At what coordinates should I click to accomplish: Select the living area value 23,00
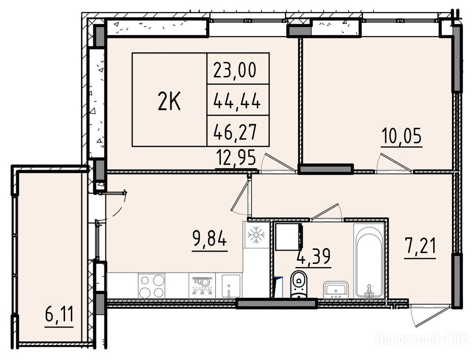tap(235, 70)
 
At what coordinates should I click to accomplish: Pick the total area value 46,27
tap(235, 132)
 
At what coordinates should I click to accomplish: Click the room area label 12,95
tap(236, 158)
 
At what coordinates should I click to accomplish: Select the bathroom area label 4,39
tap(314, 257)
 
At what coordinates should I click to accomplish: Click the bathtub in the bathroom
tap(369, 262)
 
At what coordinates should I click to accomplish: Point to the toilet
tap(299, 285)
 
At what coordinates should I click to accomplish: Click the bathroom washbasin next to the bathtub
tap(336, 290)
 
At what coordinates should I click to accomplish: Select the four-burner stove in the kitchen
tap(151, 286)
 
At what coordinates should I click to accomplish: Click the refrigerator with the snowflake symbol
tap(256, 234)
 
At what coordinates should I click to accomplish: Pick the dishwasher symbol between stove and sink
tap(201, 286)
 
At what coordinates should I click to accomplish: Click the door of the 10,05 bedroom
tap(394, 164)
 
